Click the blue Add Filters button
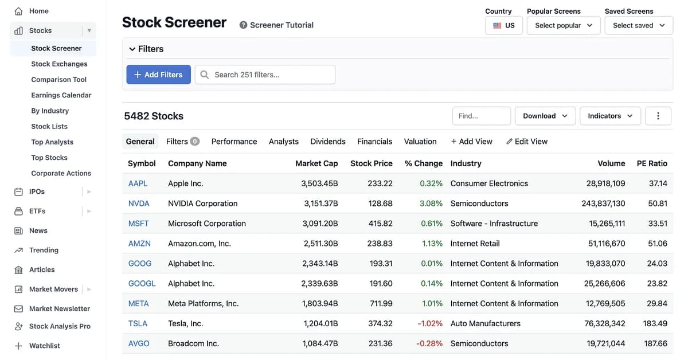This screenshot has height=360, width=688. [x=158, y=75]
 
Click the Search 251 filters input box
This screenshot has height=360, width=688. [x=265, y=75]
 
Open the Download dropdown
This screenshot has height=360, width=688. [x=545, y=116]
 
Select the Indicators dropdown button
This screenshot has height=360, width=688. [x=610, y=116]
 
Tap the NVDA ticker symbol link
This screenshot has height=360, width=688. [x=139, y=204]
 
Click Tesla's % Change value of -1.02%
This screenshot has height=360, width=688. [x=430, y=323]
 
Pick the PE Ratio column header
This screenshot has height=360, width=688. [x=652, y=163]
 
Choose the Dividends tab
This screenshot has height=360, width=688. [x=328, y=142]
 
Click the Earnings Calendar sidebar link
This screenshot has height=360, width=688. [x=61, y=95]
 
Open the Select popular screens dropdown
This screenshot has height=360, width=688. [x=564, y=25]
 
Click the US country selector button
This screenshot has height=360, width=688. [x=504, y=25]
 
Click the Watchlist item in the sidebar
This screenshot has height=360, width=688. [x=45, y=346]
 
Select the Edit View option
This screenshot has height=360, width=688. [x=527, y=142]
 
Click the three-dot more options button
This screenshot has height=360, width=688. [x=658, y=116]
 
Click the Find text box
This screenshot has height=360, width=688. [x=481, y=116]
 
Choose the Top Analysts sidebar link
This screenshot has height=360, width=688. [x=52, y=142]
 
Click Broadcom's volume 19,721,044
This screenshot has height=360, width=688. [x=605, y=343]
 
